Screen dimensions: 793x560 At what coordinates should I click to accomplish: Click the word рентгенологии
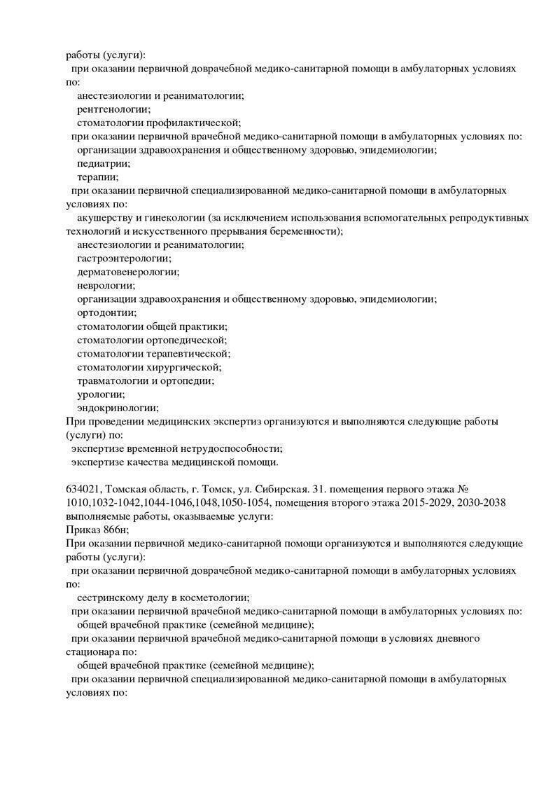113,109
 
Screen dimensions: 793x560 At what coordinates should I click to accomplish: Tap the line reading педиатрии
104,163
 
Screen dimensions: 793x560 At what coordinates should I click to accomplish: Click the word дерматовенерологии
128,272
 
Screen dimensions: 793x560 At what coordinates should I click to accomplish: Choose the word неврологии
106,285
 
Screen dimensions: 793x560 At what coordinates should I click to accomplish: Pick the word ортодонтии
107,312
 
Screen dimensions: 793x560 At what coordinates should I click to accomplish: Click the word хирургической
184,367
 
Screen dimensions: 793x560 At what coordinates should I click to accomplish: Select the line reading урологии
101,394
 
